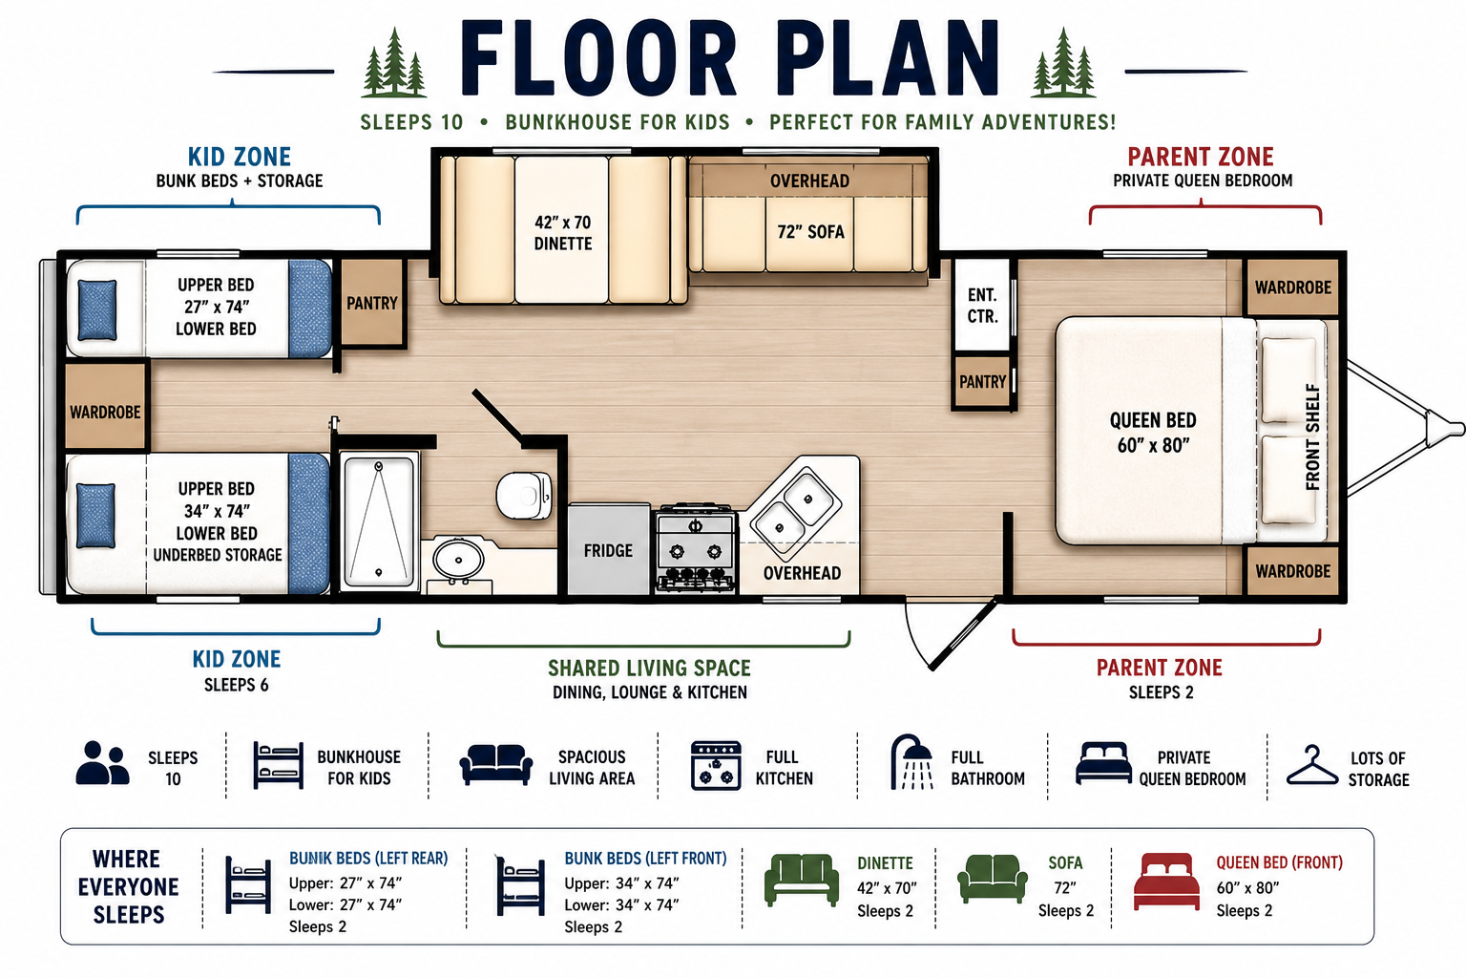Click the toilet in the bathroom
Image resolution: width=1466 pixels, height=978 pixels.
point(524,495)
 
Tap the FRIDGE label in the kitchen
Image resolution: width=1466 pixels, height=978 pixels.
point(608,550)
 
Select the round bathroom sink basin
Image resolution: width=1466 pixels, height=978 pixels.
point(458,560)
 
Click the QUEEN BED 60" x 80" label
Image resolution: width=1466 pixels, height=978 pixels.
point(1153,433)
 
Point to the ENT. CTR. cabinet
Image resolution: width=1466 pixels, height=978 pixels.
point(982,306)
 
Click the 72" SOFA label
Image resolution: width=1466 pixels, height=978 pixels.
point(810,232)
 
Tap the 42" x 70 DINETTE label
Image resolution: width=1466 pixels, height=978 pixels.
point(563,232)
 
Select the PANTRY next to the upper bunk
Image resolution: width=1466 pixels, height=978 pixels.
point(371,303)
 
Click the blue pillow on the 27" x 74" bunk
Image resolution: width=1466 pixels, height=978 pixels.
point(97,309)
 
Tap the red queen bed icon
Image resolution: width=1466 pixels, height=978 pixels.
point(1166,881)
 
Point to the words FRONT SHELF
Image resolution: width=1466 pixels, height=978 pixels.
point(1313,436)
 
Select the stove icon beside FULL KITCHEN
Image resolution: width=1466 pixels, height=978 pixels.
point(716,765)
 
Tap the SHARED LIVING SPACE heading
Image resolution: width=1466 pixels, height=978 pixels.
point(649,668)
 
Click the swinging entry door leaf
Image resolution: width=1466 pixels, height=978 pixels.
point(965,633)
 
